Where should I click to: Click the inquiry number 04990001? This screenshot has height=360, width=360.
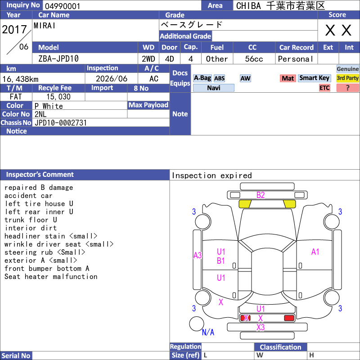pyautogui.click(x=63, y=6)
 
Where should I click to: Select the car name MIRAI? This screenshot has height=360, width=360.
pyautogui.click(x=45, y=26)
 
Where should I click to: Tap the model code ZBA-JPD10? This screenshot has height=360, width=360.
pyautogui.click(x=58, y=59)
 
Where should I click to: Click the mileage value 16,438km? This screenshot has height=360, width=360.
pyautogui.click(x=20, y=79)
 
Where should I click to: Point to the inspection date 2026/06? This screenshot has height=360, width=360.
pyautogui.click(x=112, y=79)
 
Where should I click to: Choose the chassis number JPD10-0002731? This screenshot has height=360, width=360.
pyautogui.click(x=61, y=123)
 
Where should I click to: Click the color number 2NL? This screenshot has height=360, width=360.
pyautogui.click(x=40, y=114)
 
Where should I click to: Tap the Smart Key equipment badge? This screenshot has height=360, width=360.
pyautogui.click(x=314, y=78)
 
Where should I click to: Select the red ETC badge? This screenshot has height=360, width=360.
pyautogui.click(x=324, y=88)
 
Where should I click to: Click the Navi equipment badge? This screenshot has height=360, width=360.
pyautogui.click(x=213, y=88)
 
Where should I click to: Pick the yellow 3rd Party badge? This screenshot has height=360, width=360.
pyautogui.click(x=347, y=78)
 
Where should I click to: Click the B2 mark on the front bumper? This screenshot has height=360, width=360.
pyautogui.click(x=261, y=195)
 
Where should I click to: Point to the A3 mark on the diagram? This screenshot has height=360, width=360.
pyautogui.click(x=198, y=255)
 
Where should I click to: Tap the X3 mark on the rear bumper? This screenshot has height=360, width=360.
pyautogui.click(x=261, y=328)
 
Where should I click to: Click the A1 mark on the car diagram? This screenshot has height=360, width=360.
pyautogui.click(x=315, y=252)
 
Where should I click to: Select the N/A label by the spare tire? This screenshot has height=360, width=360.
pyautogui.click(x=208, y=332)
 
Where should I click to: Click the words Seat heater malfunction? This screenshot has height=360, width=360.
pyautogui.click(x=51, y=277)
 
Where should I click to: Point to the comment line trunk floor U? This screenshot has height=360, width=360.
pyautogui.click(x=31, y=220)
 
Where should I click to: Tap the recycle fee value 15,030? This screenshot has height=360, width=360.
pyautogui.click(x=58, y=97)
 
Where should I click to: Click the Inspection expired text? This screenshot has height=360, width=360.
pyautogui.click(x=212, y=175)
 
